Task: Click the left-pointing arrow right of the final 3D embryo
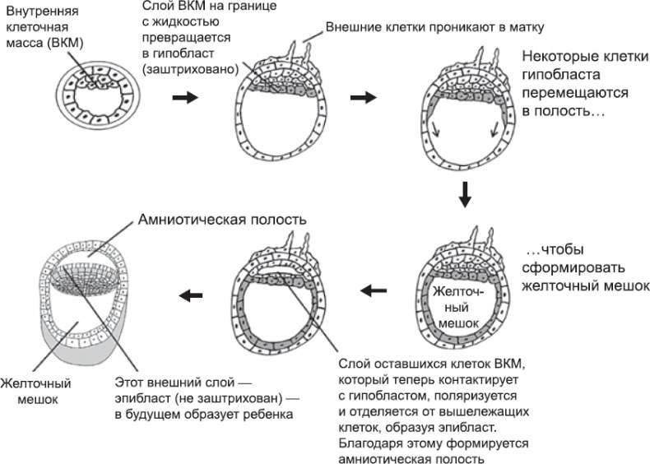coord(192,294)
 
